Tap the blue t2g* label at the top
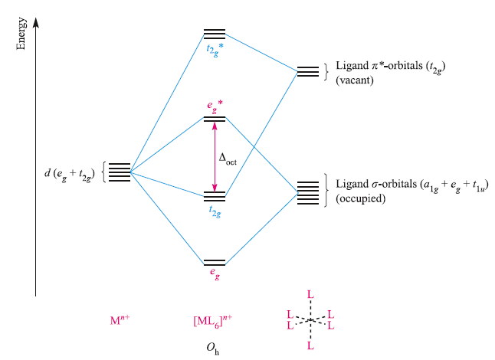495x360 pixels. [215, 50]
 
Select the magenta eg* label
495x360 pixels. [215, 105]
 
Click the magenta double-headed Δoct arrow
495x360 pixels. [215, 157]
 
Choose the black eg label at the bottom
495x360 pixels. [215, 272]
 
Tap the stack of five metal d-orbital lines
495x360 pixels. [119, 172]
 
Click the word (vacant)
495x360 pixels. [354, 80]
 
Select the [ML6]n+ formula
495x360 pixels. [212, 320]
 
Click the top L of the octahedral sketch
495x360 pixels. [310, 293]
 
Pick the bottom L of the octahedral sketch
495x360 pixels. [310, 346]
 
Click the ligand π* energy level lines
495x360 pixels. [308, 72]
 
